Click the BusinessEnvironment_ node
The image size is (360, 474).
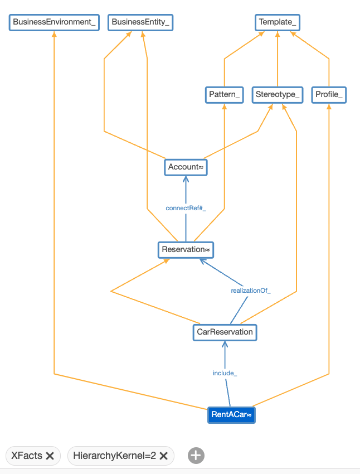55,22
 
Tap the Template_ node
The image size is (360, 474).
278,22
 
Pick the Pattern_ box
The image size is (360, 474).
224,95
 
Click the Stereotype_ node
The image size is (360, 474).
278,95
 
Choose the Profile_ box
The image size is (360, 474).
329,95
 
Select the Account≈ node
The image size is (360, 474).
186,167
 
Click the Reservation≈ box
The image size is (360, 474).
186,249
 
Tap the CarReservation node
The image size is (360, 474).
225,332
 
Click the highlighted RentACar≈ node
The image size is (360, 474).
232,415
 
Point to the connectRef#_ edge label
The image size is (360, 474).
186,208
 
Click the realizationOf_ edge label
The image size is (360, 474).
251,291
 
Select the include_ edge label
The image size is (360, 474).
225,373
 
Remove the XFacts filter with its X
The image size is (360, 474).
50,456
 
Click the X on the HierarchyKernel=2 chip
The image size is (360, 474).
163,456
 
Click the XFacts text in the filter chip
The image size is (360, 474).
27,456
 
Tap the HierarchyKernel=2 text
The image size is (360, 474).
114,456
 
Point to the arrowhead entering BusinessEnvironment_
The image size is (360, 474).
54,33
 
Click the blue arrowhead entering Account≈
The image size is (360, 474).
186,178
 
